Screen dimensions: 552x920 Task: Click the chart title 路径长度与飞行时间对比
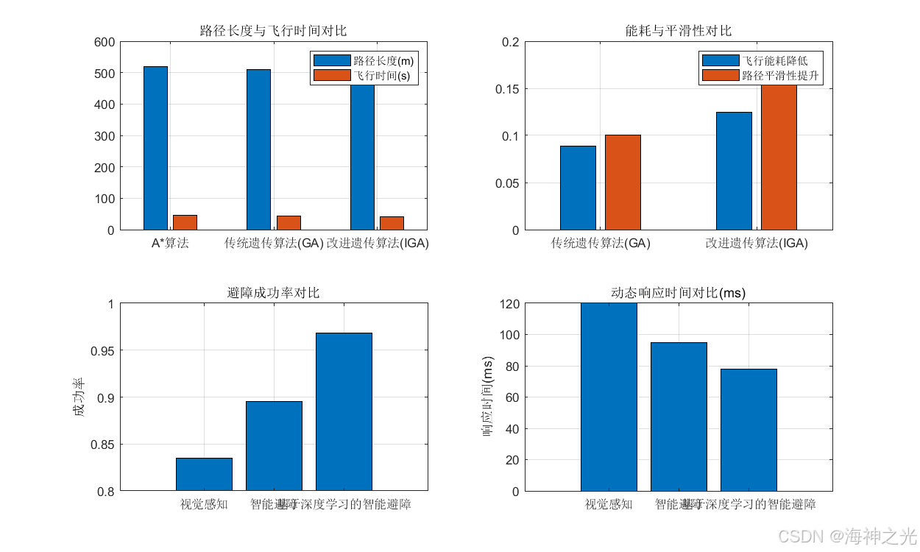tap(273, 31)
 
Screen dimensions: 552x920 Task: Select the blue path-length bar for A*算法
tap(155, 148)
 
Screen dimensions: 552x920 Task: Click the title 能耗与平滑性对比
tap(678, 31)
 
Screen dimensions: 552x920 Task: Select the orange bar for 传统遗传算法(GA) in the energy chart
tap(623, 183)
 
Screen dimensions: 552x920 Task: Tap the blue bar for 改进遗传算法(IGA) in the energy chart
tap(734, 171)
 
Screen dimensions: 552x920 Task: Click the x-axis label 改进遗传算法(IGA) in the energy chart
tap(756, 243)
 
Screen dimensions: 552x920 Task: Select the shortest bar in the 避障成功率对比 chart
tap(204, 475)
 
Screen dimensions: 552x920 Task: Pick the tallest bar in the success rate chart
tap(344, 412)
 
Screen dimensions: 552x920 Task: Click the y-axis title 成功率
tap(79, 397)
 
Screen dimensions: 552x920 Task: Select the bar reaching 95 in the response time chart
tap(679, 417)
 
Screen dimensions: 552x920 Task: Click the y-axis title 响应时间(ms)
tap(488, 397)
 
